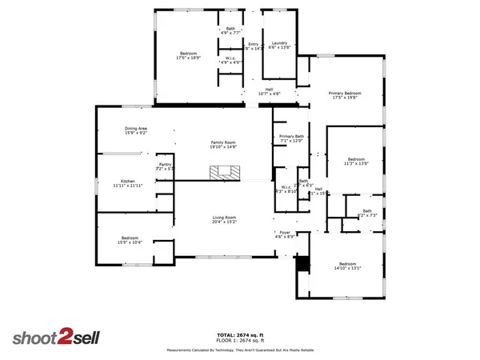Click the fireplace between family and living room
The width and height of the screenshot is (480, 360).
(x=226, y=172)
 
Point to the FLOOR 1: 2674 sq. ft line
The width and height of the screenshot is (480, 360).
(x=240, y=340)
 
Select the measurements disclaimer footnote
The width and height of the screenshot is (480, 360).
(x=240, y=350)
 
